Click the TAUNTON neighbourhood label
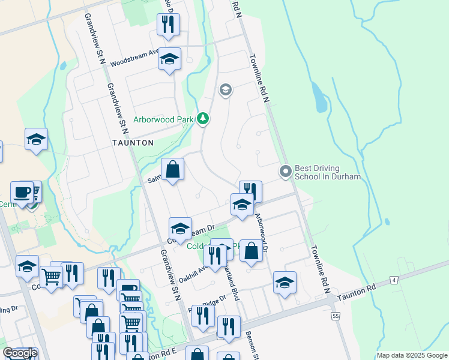[133, 143]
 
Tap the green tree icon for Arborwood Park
[203, 119]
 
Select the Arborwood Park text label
[163, 119]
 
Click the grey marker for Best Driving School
[286, 172]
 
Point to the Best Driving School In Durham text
[328, 172]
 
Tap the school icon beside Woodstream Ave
[169, 59]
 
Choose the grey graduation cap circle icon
[225, 91]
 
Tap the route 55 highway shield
[334, 315]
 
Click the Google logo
[20, 353]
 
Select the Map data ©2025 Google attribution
[411, 355]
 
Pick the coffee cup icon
[22, 192]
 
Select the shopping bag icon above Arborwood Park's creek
[172, 169]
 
